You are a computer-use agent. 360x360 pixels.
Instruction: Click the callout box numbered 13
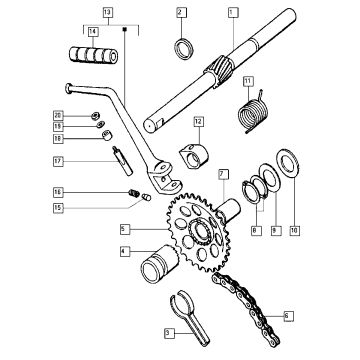[109, 11]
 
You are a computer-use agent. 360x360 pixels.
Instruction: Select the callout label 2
[181, 12]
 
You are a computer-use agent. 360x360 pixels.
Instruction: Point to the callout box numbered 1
[232, 12]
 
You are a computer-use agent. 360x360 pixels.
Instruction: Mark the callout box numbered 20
[59, 115]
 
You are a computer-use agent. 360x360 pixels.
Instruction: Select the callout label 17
[59, 160]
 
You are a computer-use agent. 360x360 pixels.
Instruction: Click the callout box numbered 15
[59, 208]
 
